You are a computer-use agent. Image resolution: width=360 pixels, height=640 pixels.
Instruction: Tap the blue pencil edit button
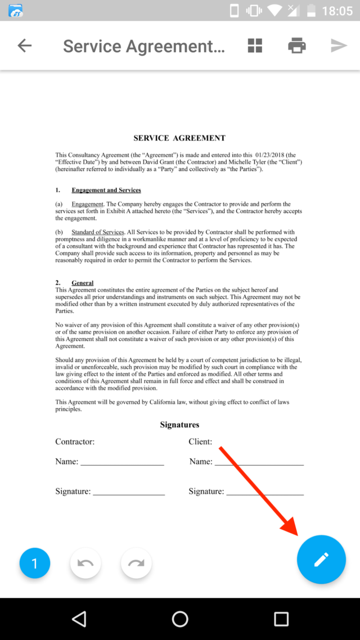321,559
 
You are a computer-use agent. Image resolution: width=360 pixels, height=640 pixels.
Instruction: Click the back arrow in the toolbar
25,46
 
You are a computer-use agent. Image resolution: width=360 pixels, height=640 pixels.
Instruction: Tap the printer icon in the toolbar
296,46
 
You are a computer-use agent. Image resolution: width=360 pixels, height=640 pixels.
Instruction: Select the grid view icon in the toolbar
255,46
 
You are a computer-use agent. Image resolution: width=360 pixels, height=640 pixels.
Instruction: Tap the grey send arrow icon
339,46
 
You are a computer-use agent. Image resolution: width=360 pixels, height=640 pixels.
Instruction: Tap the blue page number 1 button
35,563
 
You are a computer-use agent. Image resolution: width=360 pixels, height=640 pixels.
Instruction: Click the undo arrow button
85,563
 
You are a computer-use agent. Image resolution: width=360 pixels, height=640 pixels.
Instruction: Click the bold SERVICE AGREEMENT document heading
179,138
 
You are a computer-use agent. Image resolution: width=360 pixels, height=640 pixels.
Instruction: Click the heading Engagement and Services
106,190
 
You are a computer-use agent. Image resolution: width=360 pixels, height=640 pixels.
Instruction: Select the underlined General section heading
83,283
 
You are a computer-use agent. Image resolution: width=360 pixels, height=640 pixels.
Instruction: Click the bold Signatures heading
179,425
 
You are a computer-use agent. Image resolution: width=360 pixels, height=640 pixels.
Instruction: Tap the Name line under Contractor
122,462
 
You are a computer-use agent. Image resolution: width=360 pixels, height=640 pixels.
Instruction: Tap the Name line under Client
259,462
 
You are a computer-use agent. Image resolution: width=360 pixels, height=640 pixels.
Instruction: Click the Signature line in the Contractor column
129,492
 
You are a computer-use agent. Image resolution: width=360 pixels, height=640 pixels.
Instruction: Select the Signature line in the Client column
264,492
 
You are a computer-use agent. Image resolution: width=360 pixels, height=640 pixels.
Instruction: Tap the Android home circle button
180,619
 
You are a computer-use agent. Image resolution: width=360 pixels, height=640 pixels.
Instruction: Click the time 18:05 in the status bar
337,11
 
